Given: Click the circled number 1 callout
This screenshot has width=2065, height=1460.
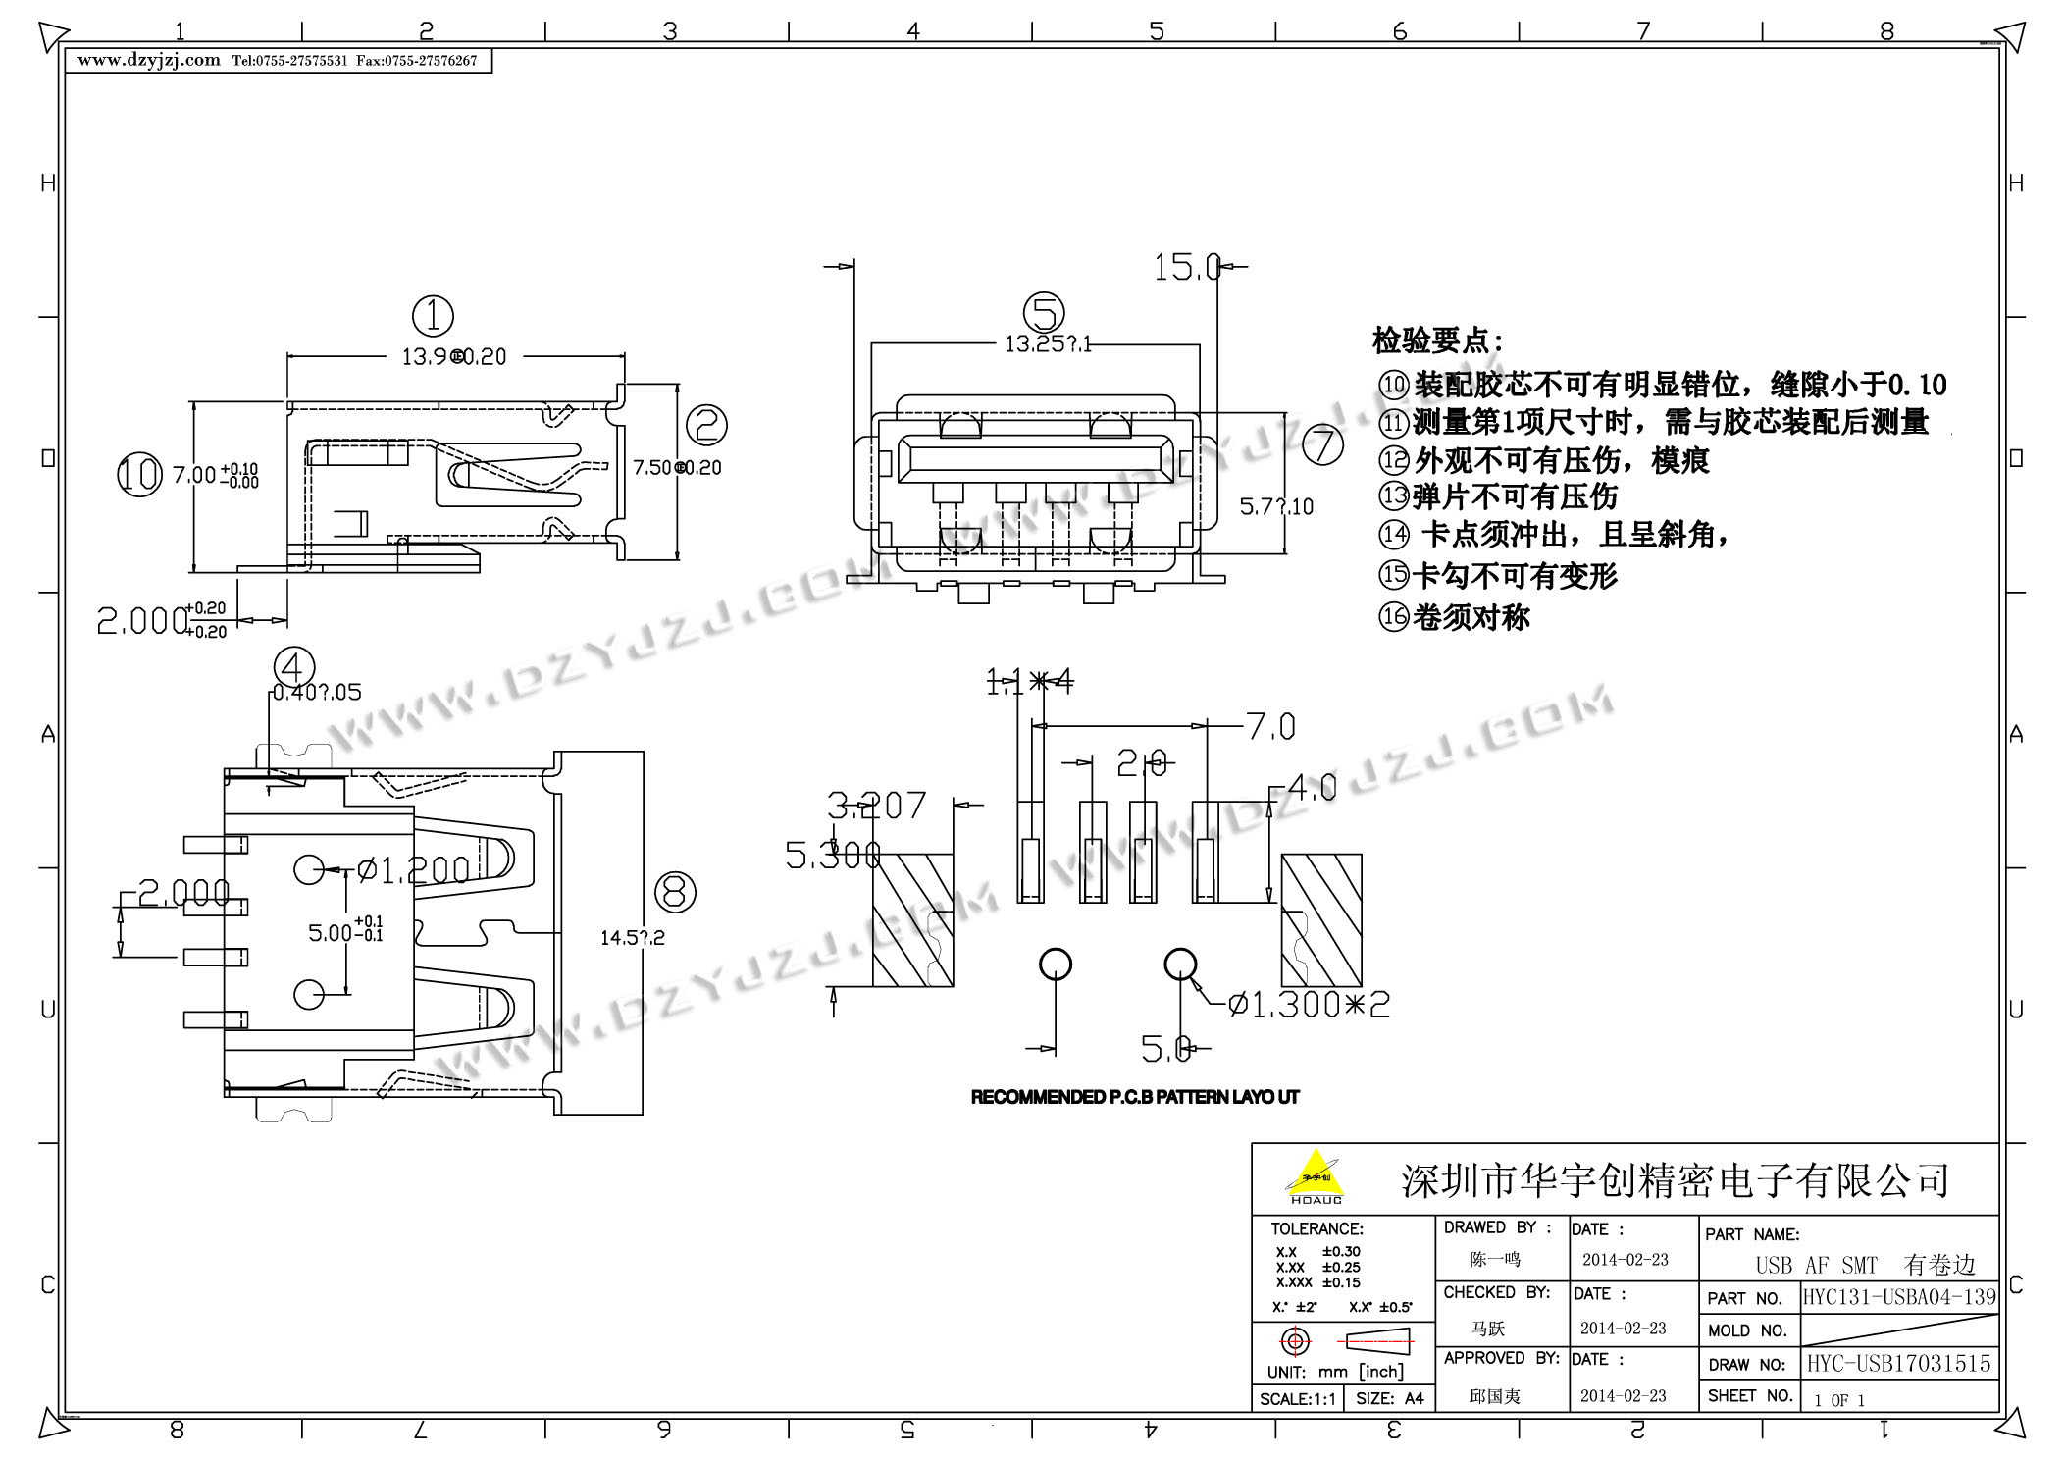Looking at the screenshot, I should [x=433, y=316].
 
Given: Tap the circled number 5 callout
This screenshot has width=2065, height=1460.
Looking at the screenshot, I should [x=1044, y=313].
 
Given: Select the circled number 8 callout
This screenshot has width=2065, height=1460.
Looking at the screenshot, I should [x=675, y=892].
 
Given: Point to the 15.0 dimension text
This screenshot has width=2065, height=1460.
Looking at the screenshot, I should [x=1186, y=267].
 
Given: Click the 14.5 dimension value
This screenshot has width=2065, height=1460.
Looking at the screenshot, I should [x=632, y=938].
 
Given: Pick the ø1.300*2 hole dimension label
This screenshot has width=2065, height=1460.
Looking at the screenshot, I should [x=1309, y=1004].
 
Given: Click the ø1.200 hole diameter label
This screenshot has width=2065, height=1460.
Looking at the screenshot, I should [x=412, y=869].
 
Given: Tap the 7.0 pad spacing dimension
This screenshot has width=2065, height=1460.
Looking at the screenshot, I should [x=1270, y=727].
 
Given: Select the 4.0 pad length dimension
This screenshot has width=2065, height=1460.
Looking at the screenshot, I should [x=1312, y=788].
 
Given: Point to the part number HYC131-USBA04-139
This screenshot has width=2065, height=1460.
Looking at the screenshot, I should [x=1899, y=1297].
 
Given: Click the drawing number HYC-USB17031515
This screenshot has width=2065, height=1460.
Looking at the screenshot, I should [x=1899, y=1363].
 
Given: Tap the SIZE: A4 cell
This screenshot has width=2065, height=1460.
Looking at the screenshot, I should [x=1389, y=1398].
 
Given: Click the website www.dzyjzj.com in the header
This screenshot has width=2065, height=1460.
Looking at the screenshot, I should [x=149, y=60].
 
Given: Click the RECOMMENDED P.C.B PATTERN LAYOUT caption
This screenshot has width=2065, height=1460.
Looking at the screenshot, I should [x=1135, y=1097].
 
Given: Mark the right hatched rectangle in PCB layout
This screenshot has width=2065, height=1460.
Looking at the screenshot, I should [x=1321, y=919].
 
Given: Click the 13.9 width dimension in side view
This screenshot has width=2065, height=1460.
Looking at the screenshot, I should [x=453, y=357].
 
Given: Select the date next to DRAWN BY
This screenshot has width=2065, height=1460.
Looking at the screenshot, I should [x=1625, y=1260].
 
